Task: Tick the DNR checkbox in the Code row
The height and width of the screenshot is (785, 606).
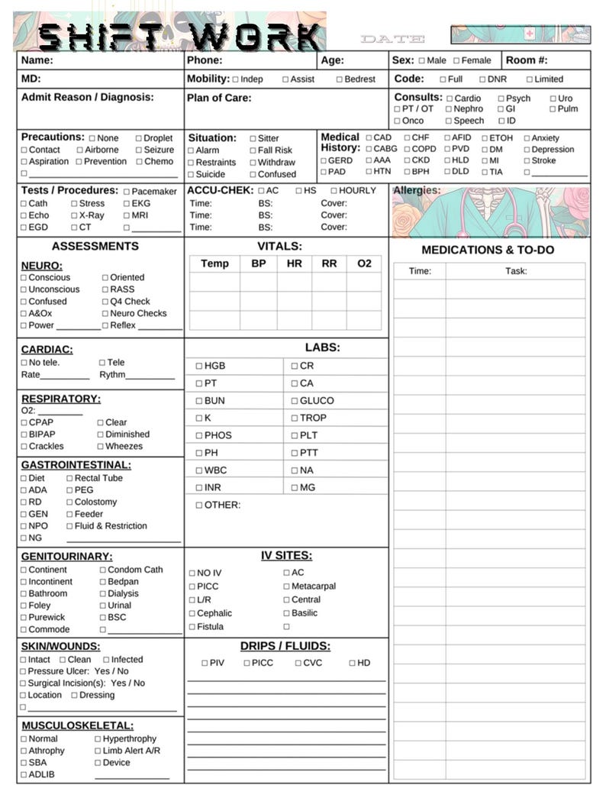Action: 482,79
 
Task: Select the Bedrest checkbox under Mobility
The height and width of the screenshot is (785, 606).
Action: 340,79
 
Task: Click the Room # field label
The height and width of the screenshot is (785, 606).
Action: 527,60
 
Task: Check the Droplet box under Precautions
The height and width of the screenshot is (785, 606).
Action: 139,138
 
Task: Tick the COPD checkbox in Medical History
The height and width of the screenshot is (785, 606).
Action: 407,150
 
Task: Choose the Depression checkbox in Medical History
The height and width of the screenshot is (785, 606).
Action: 527,150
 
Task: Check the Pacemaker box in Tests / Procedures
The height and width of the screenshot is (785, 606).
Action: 127,192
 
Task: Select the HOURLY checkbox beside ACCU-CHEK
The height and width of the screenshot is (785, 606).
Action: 334,191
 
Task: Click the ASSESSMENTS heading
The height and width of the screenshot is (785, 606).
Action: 95,246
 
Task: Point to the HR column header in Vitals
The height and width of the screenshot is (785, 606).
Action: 295,263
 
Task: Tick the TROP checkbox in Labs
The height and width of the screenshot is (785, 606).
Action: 295,418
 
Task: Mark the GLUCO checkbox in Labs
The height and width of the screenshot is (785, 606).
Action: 295,401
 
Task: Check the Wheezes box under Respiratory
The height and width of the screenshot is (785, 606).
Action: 100,447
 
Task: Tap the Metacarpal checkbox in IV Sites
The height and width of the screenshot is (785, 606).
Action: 286,586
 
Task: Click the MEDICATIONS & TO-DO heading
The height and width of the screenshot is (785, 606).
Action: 488,250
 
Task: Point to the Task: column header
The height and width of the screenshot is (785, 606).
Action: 516,271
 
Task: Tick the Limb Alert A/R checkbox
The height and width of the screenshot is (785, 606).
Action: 98,751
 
